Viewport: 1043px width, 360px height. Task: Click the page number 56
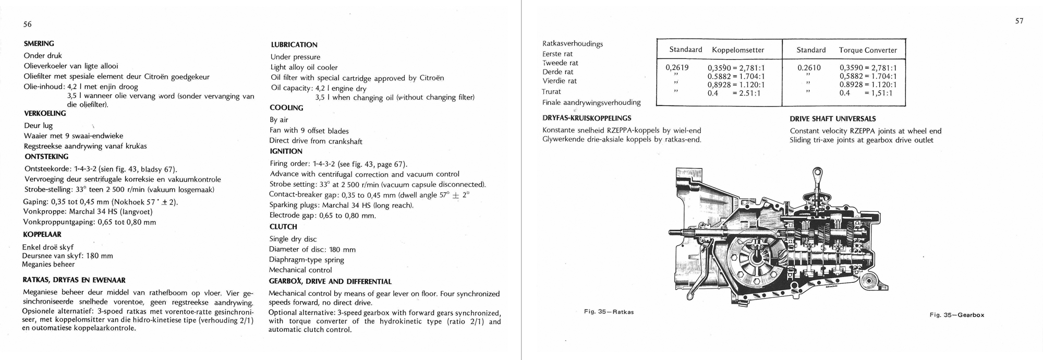tap(28, 25)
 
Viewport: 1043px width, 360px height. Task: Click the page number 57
tap(1019, 21)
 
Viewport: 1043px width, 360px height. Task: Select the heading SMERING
tap(39, 44)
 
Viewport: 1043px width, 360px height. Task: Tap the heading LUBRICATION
tap(294, 45)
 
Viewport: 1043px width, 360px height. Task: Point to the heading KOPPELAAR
tap(42, 235)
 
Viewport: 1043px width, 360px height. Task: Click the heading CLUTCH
tap(283, 227)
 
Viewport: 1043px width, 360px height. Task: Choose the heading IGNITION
tap(286, 151)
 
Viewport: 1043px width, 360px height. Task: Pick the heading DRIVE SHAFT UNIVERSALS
tap(833, 119)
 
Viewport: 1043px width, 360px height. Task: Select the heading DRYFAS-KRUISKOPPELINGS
tap(587, 118)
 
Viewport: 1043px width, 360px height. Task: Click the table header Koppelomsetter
tap(738, 50)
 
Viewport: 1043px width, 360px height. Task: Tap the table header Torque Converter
tap(868, 51)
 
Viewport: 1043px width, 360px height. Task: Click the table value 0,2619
tap(677, 68)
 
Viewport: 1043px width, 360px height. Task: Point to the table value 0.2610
tap(809, 68)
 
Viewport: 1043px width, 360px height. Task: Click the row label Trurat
tap(552, 92)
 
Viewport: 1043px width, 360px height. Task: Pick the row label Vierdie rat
tap(560, 81)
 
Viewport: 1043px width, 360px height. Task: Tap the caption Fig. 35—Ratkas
tap(609, 312)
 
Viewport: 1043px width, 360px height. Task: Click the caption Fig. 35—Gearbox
tap(956, 315)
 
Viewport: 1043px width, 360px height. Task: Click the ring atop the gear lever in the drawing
tap(818, 172)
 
